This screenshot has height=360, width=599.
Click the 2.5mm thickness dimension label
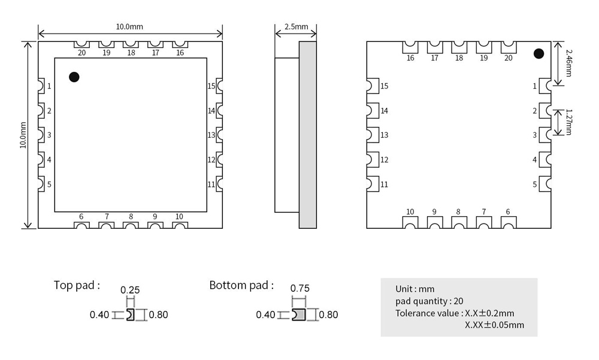tap(297, 27)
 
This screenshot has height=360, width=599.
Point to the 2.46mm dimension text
tap(568, 63)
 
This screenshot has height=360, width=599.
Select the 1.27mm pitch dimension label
tap(569, 122)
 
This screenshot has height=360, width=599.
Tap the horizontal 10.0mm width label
tap(129, 27)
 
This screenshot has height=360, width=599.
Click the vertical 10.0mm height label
tap(23, 135)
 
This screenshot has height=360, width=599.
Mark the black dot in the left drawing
tap(74, 77)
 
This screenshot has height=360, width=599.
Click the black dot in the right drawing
tap(539, 54)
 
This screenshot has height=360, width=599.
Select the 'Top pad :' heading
tap(77, 285)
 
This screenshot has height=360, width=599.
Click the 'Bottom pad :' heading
tap(241, 285)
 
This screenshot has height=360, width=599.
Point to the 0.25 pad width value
tap(130, 290)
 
